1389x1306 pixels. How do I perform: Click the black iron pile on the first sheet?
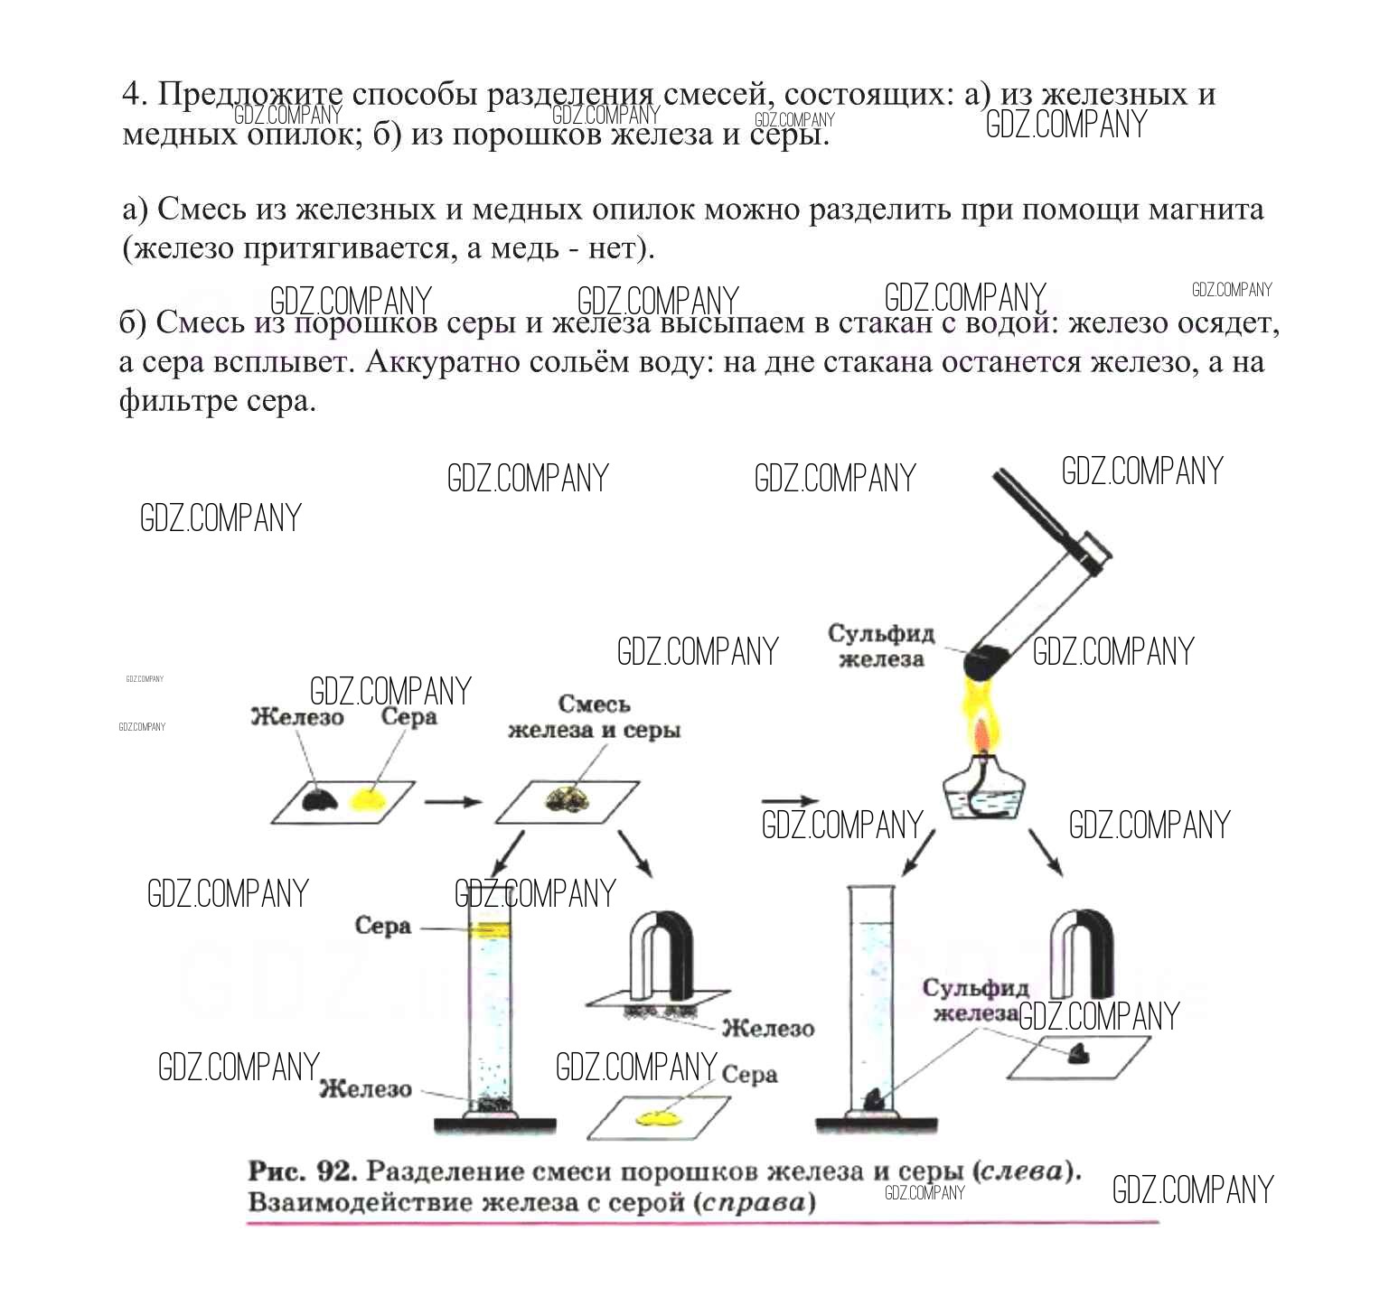[319, 799]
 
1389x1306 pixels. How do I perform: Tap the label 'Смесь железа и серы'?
[594, 717]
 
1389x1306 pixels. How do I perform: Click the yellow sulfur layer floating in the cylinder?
[489, 928]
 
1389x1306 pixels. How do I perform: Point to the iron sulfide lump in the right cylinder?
[873, 1099]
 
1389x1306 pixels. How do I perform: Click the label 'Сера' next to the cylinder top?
[382, 926]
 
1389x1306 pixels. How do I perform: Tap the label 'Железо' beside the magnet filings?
[767, 1028]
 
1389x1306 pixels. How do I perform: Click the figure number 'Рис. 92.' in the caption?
[304, 1171]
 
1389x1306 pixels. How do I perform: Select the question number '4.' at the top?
[134, 94]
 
